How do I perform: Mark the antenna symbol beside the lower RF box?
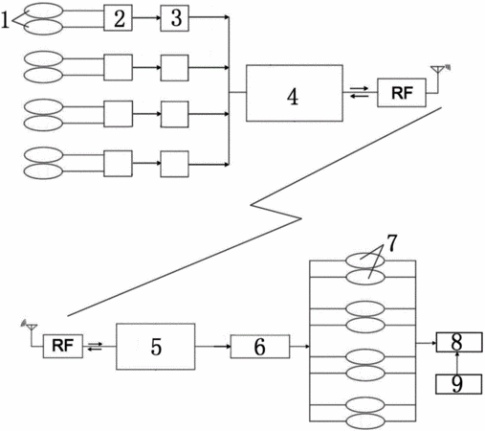point(30,332)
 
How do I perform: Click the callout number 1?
point(5,20)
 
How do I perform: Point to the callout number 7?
point(392,243)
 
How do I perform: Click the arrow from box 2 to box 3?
point(146,18)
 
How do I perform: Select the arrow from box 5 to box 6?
point(212,347)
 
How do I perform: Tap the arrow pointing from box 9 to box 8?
point(458,363)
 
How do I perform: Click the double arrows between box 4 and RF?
point(360,92)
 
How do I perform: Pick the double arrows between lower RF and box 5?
point(96,346)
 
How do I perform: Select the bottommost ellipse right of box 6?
point(365,421)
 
